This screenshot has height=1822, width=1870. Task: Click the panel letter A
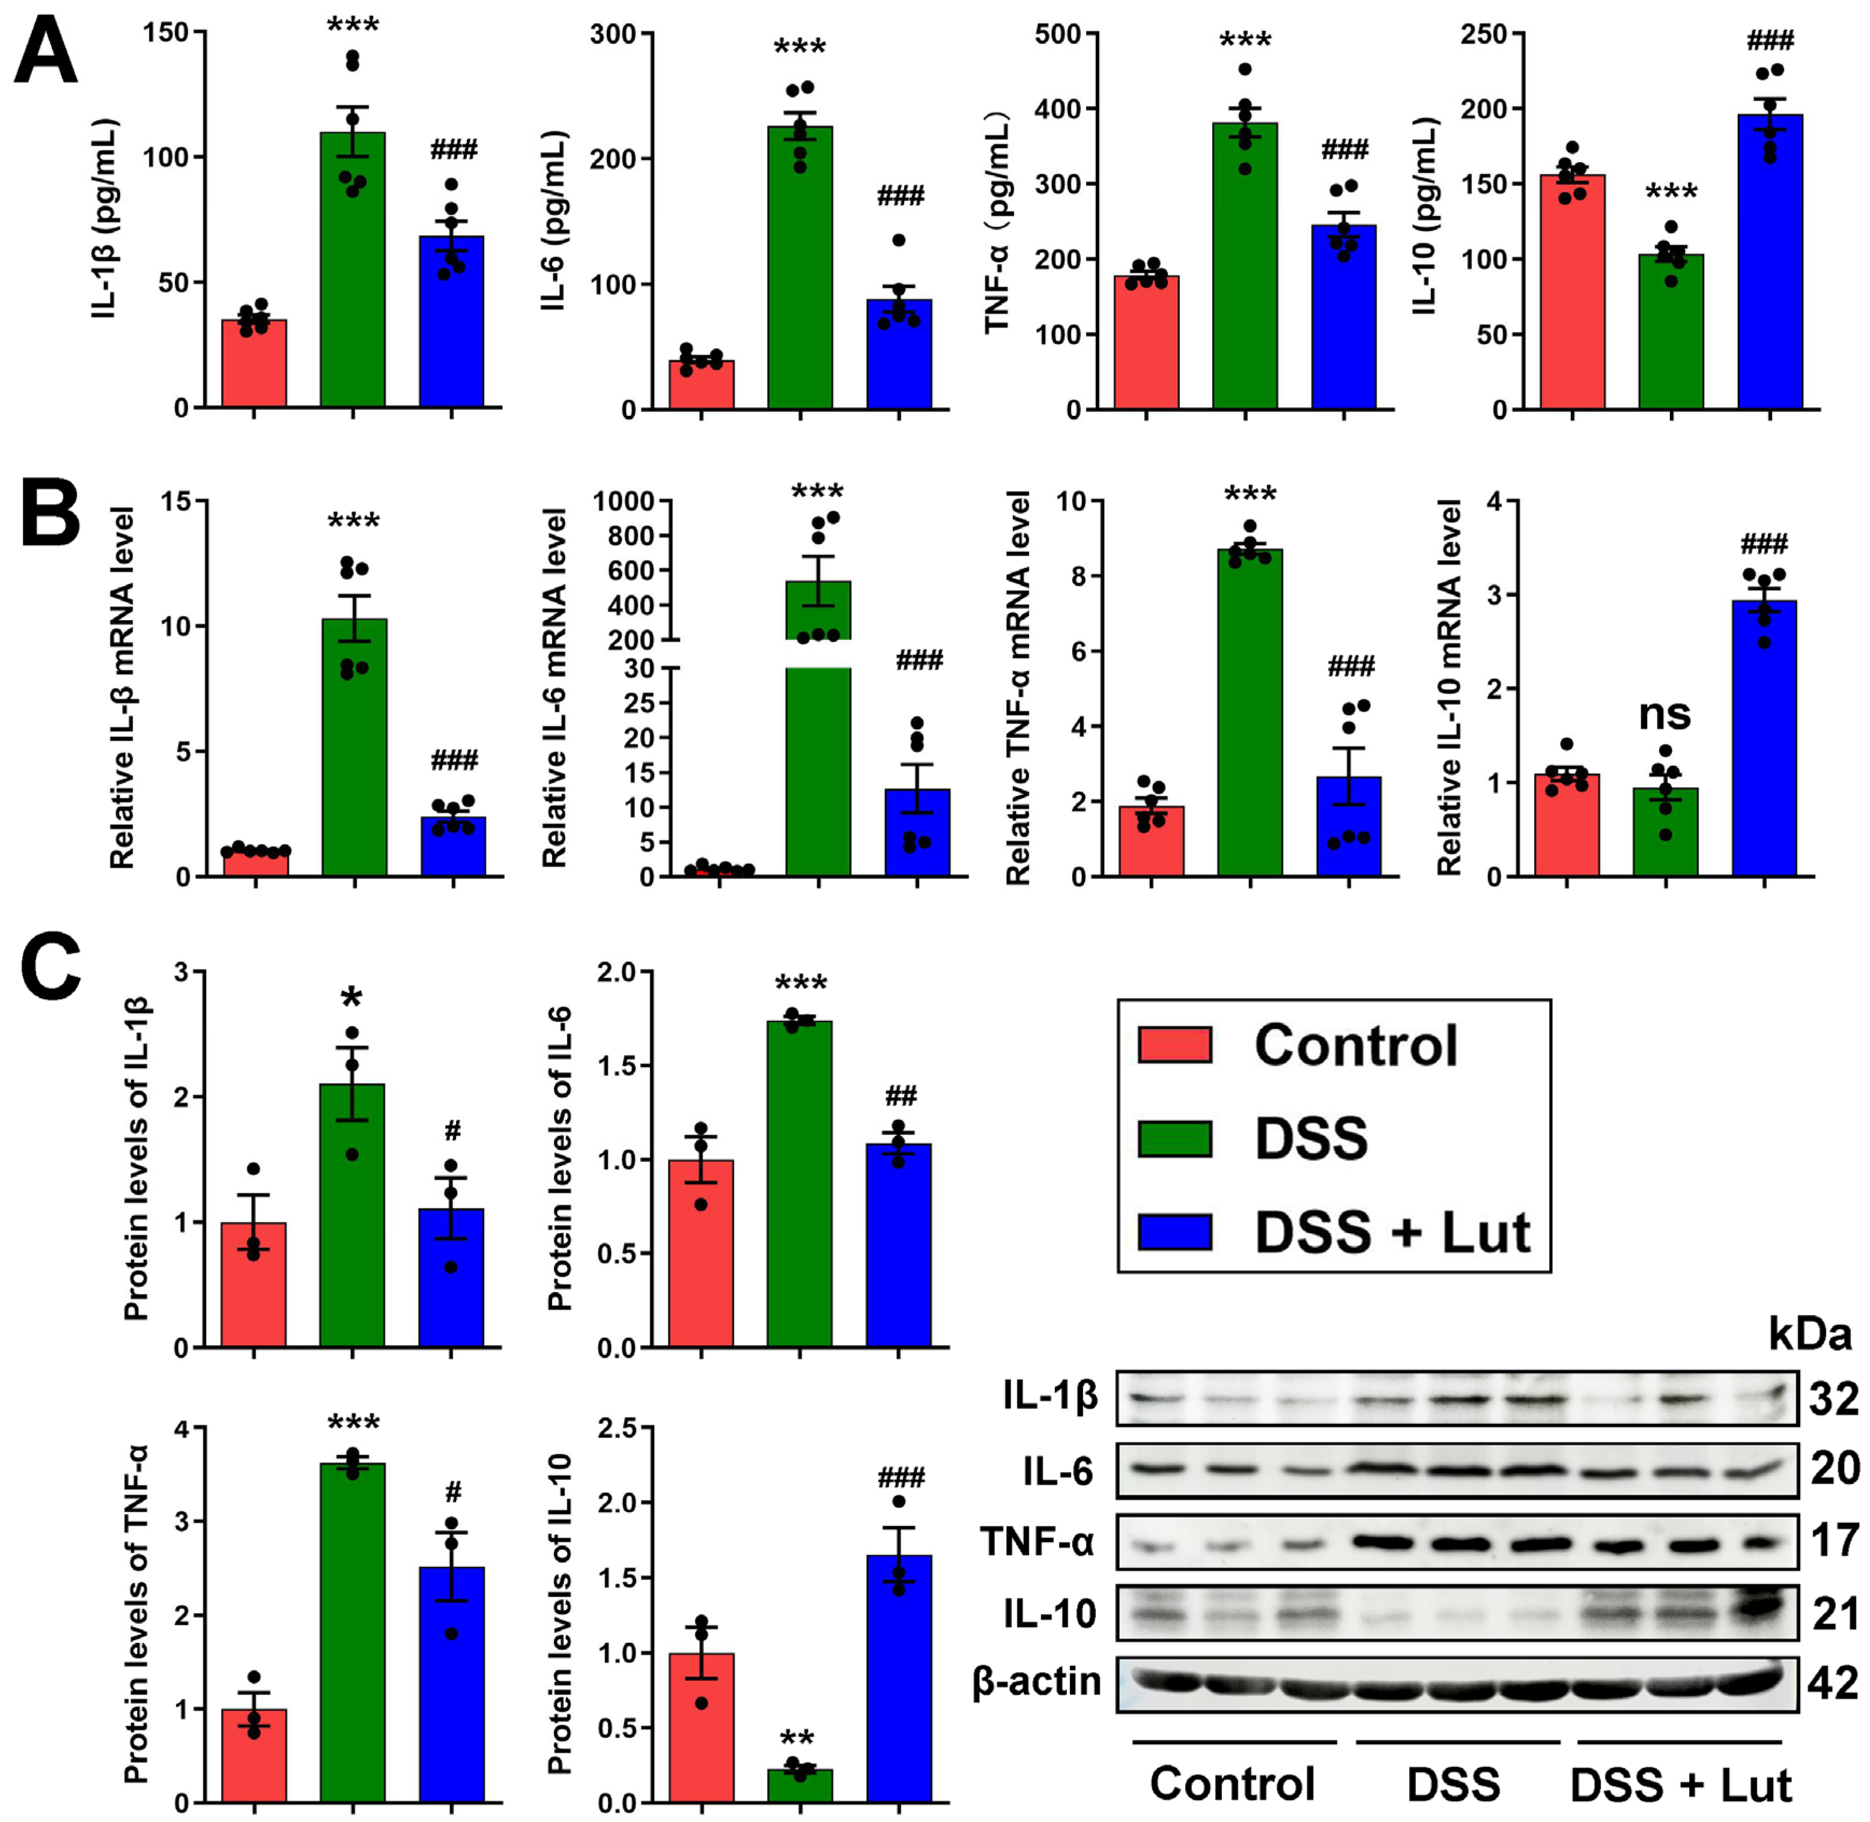click(45, 53)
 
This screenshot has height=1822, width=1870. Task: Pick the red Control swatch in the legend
click(1174, 1045)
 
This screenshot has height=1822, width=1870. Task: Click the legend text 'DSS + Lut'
click(1392, 1232)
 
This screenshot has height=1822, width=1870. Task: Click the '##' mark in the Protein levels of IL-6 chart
click(901, 1096)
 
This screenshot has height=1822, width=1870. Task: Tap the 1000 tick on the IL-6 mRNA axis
click(623, 501)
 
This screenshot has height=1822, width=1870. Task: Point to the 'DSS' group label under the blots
click(1453, 1785)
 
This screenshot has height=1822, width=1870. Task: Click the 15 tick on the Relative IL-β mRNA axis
click(173, 501)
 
